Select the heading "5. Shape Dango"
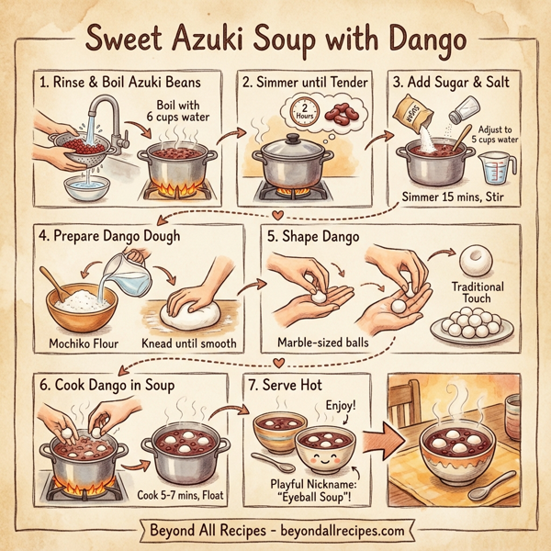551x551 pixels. [x=312, y=235]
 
